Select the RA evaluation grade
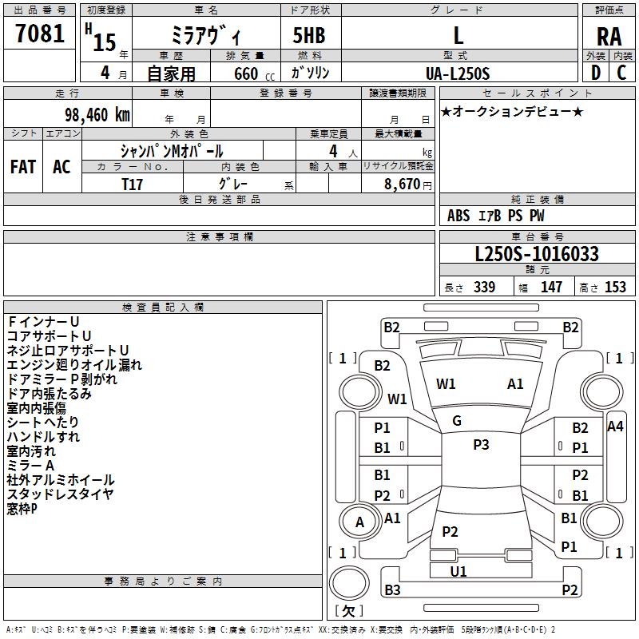click(609, 37)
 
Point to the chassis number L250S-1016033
click(537, 255)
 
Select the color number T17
click(133, 184)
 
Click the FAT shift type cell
click(23, 167)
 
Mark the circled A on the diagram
click(359, 522)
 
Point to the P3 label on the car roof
click(480, 445)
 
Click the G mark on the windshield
click(456, 421)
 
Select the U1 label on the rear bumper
click(458, 571)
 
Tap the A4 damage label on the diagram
click(615, 427)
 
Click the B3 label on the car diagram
click(391, 590)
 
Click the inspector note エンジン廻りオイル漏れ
click(74, 365)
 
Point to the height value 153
click(615, 288)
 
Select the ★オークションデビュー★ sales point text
click(512, 111)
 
